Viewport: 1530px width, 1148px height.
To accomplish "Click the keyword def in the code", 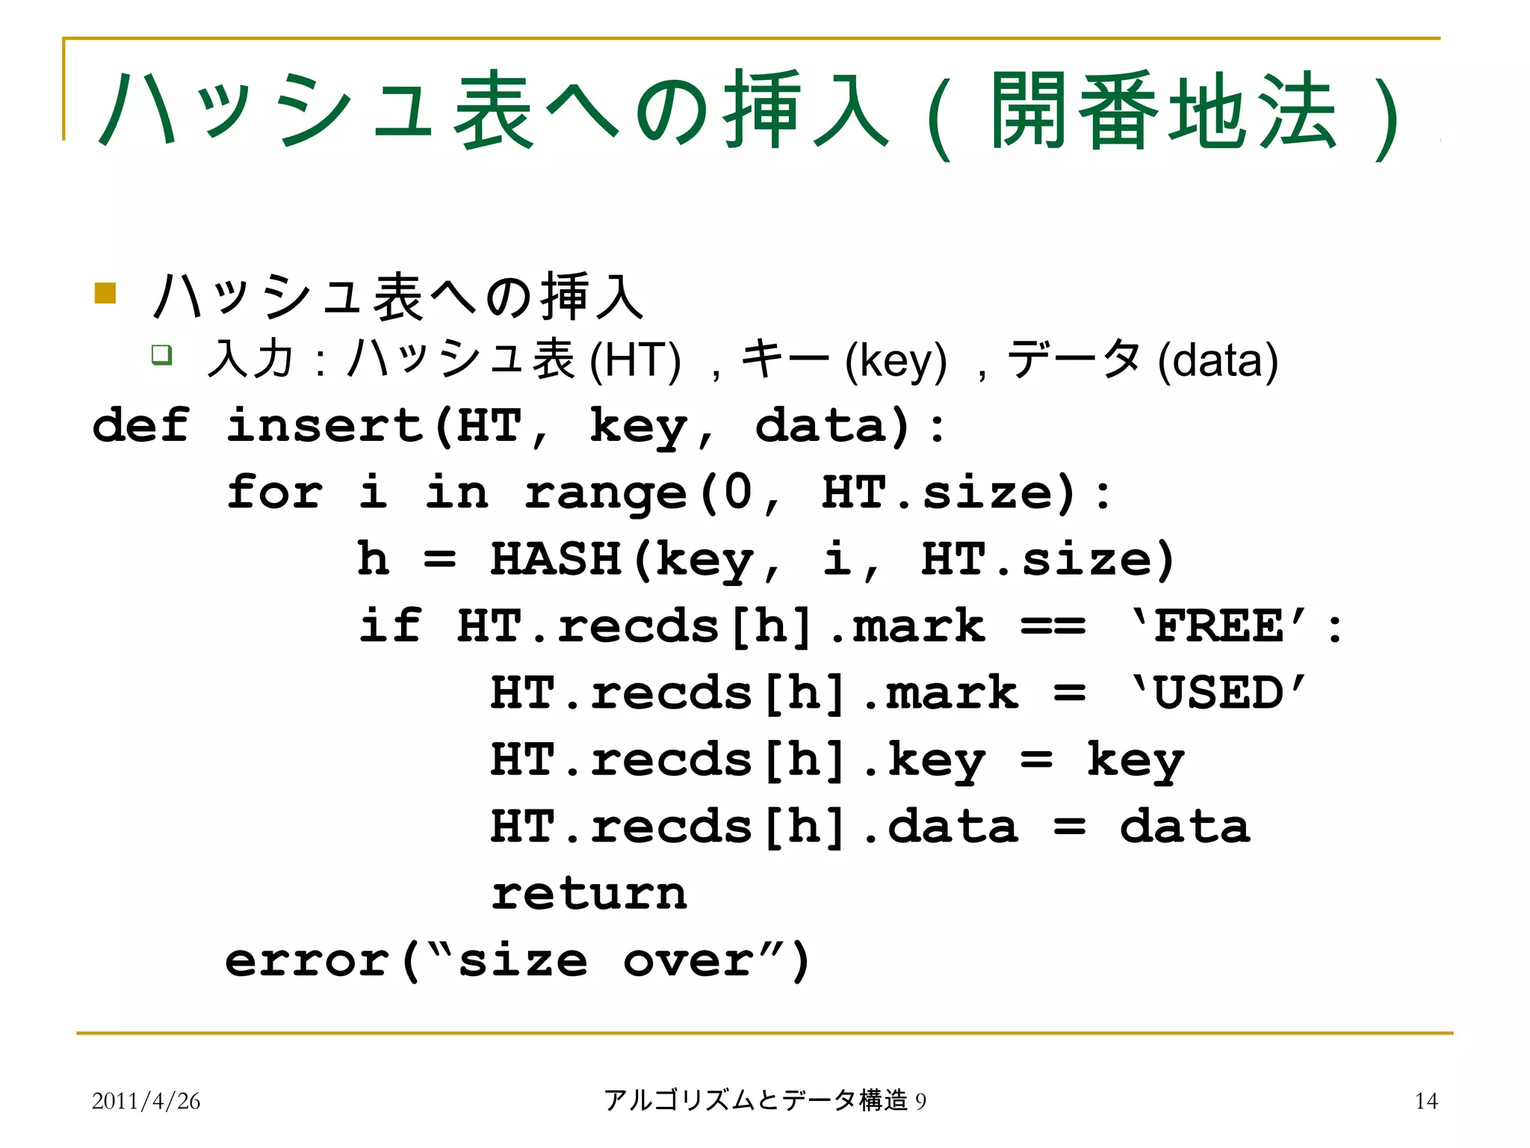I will [x=140, y=425].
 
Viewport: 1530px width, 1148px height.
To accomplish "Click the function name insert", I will [x=326, y=425].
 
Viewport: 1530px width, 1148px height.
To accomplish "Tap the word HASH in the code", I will [x=556, y=559].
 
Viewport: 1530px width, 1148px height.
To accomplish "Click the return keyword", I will [x=589, y=893].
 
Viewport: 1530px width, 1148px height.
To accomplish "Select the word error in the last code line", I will [x=307, y=960].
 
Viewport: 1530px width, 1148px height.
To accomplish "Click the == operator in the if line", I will [x=1053, y=626].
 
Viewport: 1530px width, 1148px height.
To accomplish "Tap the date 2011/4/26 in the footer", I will [x=146, y=1101].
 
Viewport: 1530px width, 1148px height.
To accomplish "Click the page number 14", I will [x=1426, y=1101].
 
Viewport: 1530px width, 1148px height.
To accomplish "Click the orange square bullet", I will [x=105, y=293].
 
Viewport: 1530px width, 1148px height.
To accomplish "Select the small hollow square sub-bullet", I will [x=161, y=354].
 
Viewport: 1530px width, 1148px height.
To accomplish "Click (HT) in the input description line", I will [x=635, y=360].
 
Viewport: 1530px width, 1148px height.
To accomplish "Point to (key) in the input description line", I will [x=896, y=360].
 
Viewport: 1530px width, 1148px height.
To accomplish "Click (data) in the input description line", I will [x=1218, y=360].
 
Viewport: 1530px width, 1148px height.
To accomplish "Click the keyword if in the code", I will [x=390, y=626].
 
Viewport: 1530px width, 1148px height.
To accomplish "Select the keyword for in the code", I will [x=275, y=493].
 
